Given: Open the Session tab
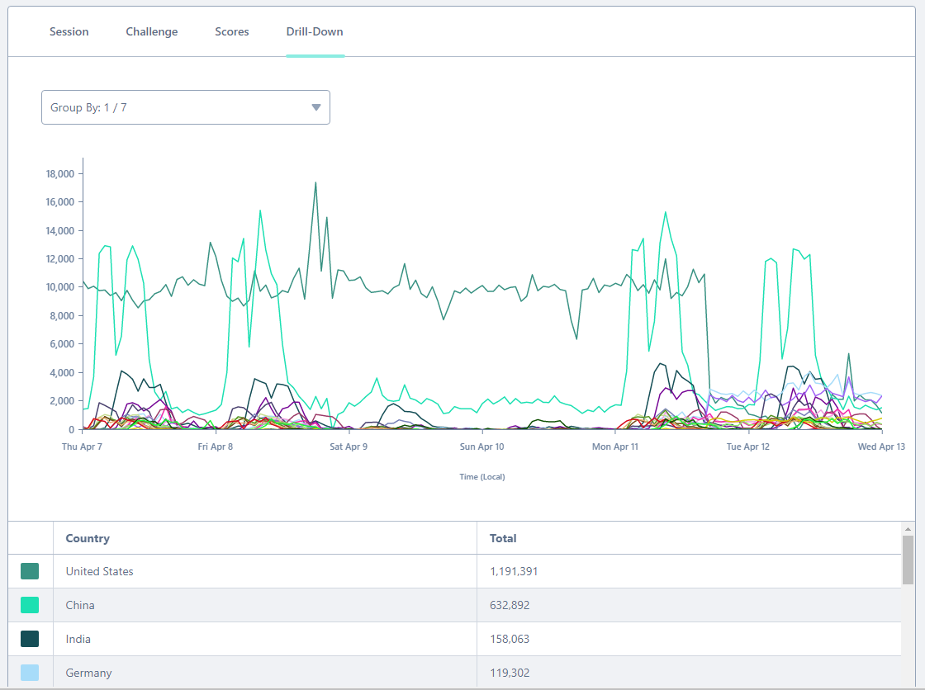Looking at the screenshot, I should [69, 31].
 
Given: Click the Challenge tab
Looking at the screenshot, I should [152, 31].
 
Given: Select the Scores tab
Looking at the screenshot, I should [232, 31].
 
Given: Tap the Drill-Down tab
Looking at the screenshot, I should [315, 31].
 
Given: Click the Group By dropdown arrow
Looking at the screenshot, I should [315, 107].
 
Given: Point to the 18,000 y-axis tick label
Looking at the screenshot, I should [61, 173].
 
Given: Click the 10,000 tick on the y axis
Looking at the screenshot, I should [61, 287].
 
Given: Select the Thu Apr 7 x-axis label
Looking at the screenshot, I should [83, 447].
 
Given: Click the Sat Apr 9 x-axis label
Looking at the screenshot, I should [349, 447].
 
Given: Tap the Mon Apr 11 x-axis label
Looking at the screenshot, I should [615, 447].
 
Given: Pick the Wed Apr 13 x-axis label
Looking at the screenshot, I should [881, 447].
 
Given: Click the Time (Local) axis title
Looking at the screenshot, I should [482, 476].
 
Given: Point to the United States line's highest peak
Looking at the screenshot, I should [315, 182].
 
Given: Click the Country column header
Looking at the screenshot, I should [88, 538].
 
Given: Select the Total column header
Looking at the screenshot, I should [503, 538].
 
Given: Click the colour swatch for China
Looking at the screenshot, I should [30, 605].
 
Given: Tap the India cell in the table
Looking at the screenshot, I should [78, 639].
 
